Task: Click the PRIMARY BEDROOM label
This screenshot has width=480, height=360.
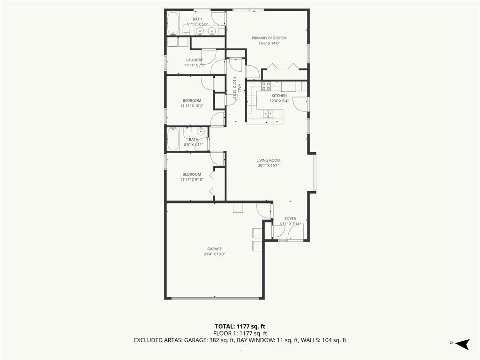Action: point(269,38)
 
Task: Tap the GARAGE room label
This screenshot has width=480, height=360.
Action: point(214,249)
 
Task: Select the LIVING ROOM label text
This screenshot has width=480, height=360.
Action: point(269,160)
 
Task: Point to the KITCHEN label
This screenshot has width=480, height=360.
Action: point(279,96)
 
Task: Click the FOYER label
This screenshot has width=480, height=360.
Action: point(290,218)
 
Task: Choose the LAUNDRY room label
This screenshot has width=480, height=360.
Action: point(195,60)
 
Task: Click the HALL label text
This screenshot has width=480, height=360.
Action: point(240,88)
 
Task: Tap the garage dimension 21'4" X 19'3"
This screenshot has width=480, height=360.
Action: point(214,254)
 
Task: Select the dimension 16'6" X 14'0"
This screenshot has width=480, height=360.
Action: point(269,43)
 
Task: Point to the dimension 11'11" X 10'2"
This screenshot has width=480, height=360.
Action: point(192,106)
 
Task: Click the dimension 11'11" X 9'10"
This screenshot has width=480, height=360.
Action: point(192,180)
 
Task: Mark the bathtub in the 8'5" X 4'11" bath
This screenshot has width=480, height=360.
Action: point(173,139)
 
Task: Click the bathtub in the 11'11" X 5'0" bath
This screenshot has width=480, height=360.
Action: point(173,24)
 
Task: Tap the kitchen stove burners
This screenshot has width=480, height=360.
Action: point(266,86)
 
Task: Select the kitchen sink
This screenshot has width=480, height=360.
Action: point(269,113)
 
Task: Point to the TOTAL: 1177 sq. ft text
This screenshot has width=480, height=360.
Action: point(240,326)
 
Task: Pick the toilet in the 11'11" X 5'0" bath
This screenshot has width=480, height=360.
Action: point(186,30)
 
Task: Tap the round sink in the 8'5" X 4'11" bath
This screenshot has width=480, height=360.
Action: point(201,132)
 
